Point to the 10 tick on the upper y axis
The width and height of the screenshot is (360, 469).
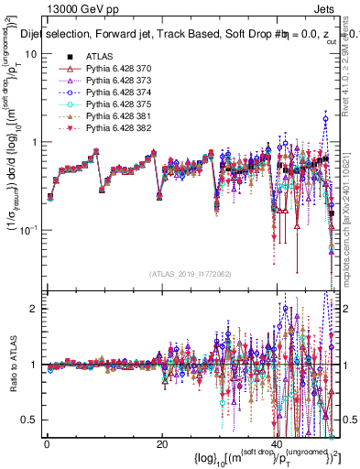click(31, 54)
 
